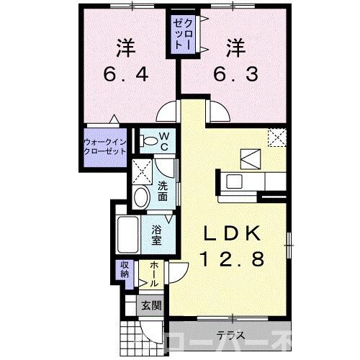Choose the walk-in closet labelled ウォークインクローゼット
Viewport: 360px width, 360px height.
(105, 147)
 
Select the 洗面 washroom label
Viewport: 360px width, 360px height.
(163, 192)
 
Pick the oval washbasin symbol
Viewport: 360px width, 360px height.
(142, 197)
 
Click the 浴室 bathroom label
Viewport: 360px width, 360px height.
(158, 235)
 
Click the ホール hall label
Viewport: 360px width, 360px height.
(153, 274)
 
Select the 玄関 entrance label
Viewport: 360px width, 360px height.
(151, 305)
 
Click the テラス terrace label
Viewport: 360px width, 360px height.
(230, 336)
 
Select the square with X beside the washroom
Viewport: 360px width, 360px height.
(142, 171)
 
